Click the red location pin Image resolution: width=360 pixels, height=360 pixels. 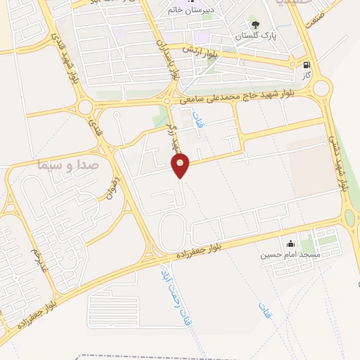click(x=181, y=165)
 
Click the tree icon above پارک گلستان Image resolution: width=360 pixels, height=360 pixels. click(x=255, y=23)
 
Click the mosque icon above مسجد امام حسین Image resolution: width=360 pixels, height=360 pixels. click(x=290, y=243)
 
